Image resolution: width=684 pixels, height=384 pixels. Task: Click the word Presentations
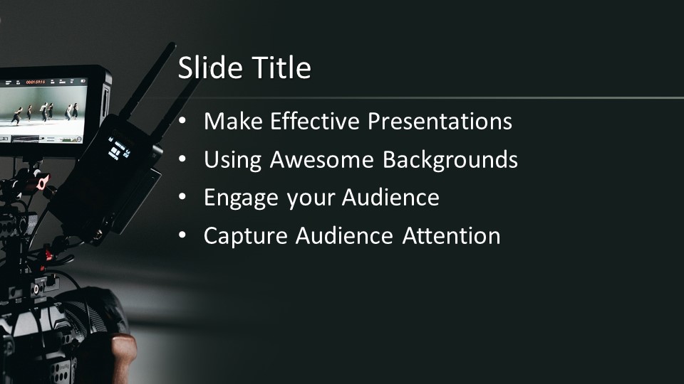coord(440,121)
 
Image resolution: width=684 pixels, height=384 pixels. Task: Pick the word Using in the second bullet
coord(232,161)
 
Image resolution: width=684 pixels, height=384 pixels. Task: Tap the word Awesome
coord(322,159)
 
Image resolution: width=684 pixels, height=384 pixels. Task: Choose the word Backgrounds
coord(450,161)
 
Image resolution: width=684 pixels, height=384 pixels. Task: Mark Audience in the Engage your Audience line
coord(390,198)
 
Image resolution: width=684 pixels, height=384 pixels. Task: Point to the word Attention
coord(451,236)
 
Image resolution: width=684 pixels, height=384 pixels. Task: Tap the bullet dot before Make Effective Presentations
coord(182,122)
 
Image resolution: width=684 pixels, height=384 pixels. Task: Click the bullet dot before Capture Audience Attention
coord(182,236)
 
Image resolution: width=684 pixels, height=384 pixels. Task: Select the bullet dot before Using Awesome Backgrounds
coord(182,160)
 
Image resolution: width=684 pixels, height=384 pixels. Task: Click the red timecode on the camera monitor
coord(36,82)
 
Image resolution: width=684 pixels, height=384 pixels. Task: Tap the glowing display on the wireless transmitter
coord(118,149)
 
